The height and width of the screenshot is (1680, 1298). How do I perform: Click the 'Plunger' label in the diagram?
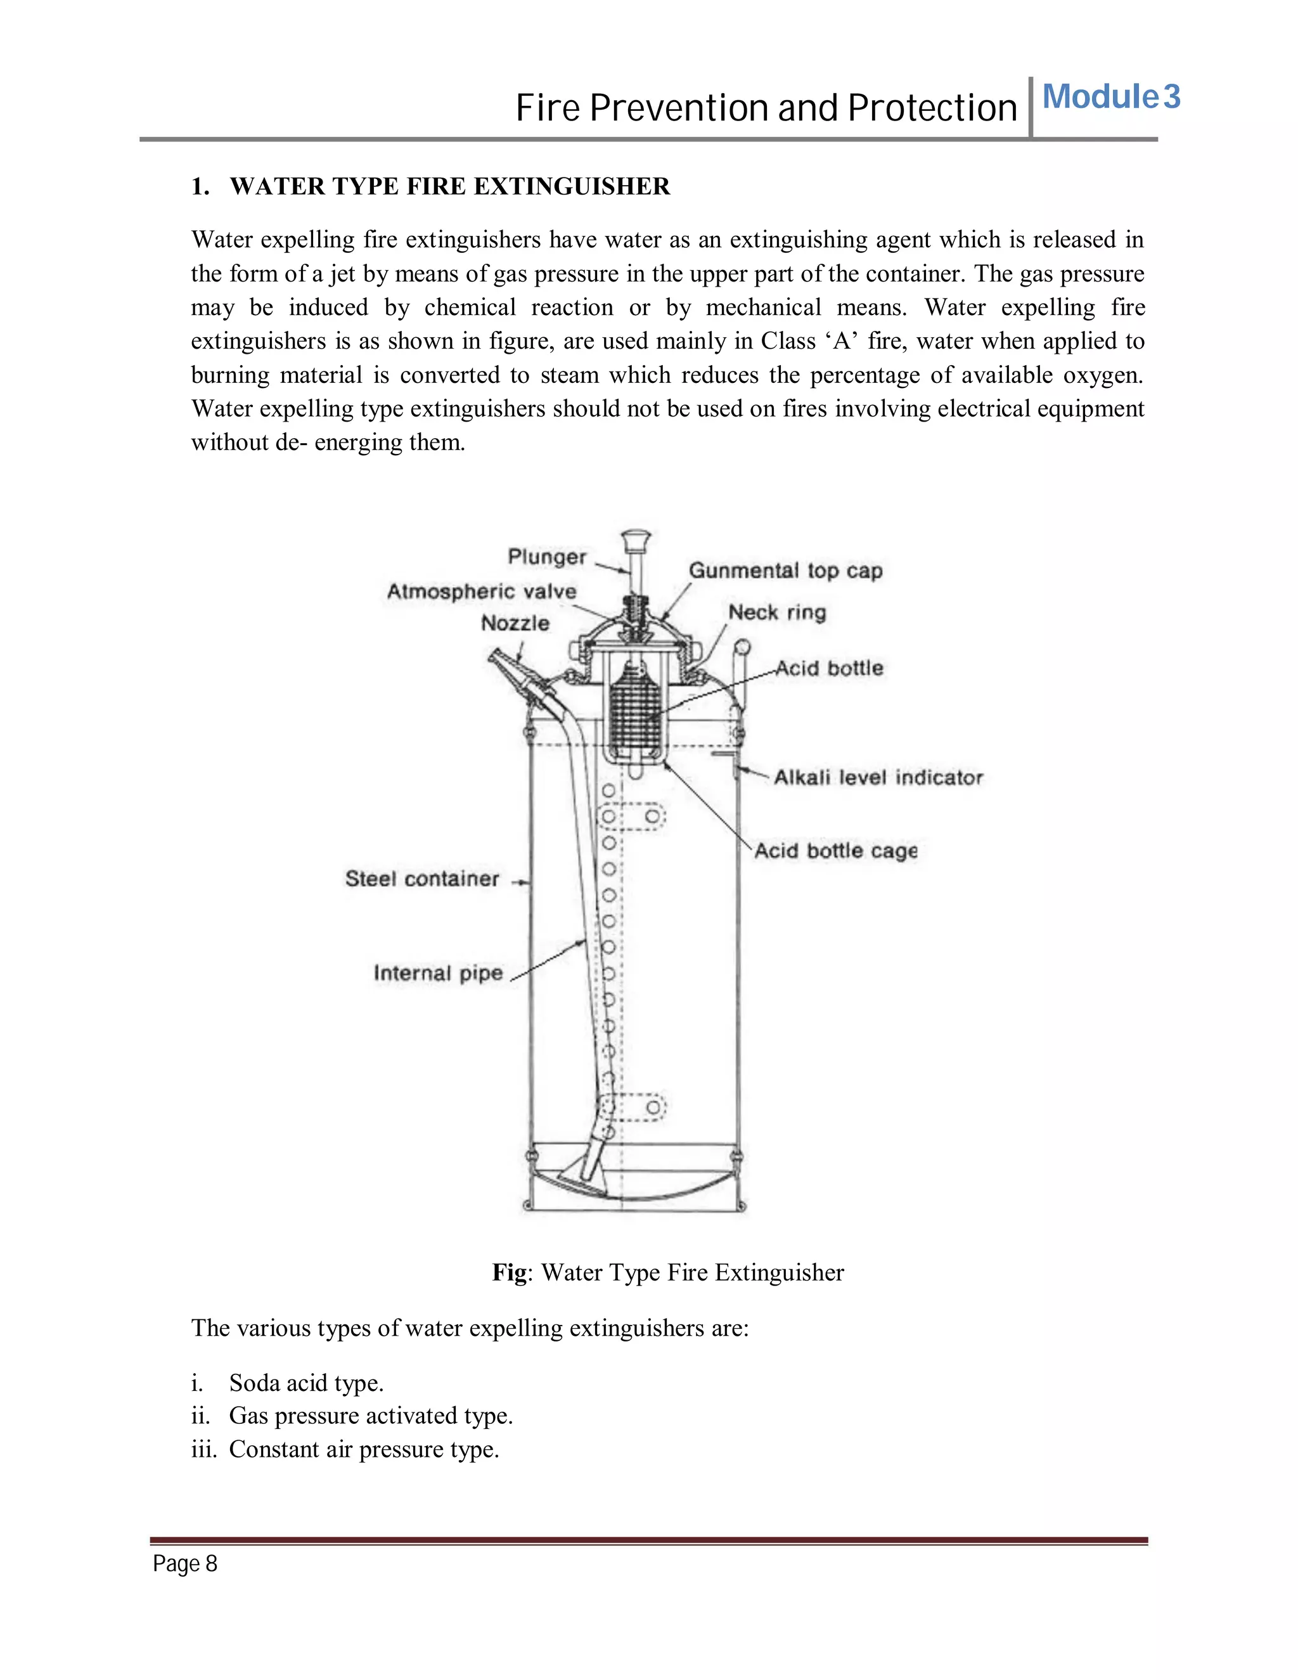[x=547, y=556]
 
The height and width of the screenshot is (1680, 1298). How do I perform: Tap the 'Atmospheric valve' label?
[x=482, y=591]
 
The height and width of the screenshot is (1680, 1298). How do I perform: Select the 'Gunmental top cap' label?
[x=785, y=571]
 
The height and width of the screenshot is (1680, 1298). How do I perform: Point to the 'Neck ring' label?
[x=776, y=612]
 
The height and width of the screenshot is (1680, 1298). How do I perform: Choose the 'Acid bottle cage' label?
[x=836, y=851]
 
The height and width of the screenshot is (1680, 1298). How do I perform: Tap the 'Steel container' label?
[x=422, y=879]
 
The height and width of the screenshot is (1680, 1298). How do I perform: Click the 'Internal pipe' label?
[x=437, y=973]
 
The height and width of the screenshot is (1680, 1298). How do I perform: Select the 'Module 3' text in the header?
[x=1110, y=97]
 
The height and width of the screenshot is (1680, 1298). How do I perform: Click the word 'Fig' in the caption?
[x=509, y=1273]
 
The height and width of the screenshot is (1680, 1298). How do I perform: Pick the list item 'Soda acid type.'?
[x=306, y=1383]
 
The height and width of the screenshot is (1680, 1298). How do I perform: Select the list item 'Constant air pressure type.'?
[x=364, y=1449]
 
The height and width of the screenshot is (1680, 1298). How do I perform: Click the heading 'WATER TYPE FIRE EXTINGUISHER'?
[x=450, y=186]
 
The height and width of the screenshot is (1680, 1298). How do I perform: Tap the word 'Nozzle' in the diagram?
[x=515, y=623]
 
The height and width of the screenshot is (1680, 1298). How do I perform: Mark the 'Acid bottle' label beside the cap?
[x=829, y=668]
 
